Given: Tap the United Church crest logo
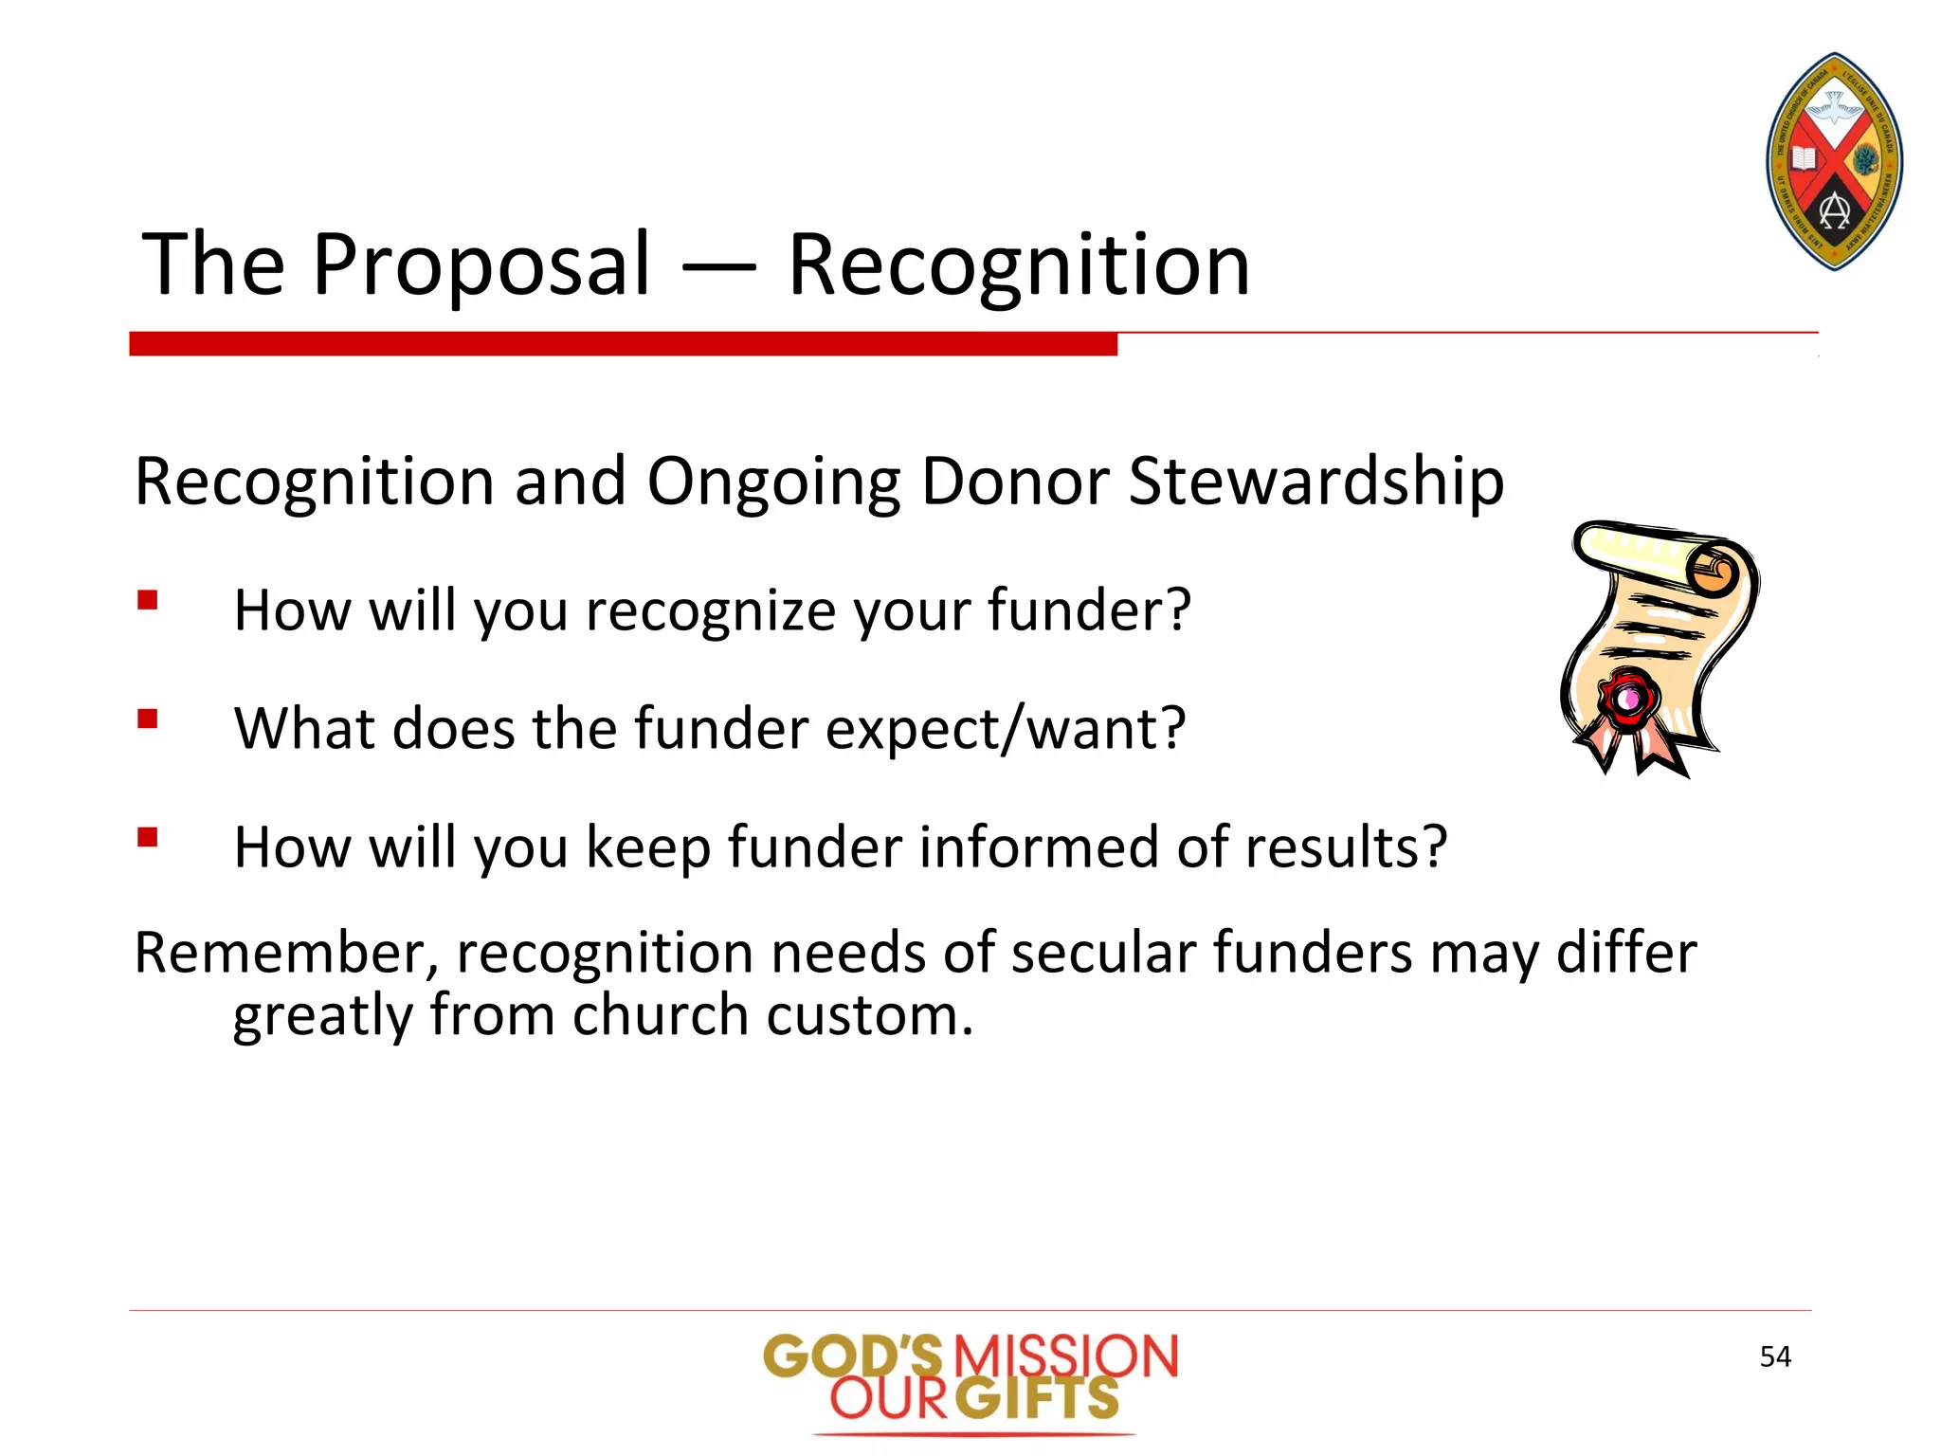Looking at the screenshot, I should [1835, 161].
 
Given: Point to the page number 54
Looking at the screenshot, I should [1775, 1356].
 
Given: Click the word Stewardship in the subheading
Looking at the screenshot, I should [1315, 482].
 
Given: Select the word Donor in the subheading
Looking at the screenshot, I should [1014, 482].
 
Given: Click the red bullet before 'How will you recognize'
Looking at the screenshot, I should [147, 600].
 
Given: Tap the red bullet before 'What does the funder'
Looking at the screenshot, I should [147, 719].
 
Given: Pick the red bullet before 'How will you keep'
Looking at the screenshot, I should [147, 837].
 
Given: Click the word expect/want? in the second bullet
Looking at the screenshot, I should [1006, 729].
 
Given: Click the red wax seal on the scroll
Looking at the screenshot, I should [1629, 700].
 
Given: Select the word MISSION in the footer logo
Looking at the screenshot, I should [1065, 1356].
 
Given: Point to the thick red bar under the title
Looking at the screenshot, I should [623, 344].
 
